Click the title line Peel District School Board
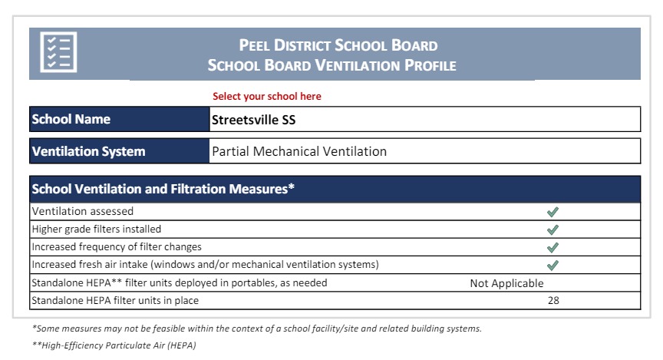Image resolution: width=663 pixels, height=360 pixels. pyautogui.click(x=338, y=45)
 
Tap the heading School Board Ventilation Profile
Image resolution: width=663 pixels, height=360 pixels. pyautogui.click(x=331, y=65)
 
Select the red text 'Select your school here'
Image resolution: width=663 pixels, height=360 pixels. pyautogui.click(x=267, y=97)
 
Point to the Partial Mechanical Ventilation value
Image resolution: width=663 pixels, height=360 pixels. pyautogui.click(x=299, y=151)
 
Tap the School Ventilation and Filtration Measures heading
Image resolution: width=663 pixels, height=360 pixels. pyautogui.click(x=163, y=189)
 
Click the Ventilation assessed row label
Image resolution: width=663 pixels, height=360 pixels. pyautogui.click(x=83, y=211)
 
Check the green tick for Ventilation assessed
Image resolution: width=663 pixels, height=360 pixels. pyautogui.click(x=552, y=212)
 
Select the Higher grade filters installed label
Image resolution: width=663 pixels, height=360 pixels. pyautogui.click(x=97, y=229)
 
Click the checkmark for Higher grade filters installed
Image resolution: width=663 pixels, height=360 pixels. pyautogui.click(x=552, y=230)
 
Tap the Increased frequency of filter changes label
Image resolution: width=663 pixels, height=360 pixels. pyautogui.click(x=117, y=247)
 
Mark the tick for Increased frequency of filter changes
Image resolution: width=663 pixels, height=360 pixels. pyautogui.click(x=552, y=247)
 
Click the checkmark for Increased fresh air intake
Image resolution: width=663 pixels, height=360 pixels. pyautogui.click(x=552, y=266)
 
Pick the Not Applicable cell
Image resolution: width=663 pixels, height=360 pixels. pyautogui.click(x=506, y=283)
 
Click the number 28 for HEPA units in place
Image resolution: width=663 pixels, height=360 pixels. pyautogui.click(x=553, y=300)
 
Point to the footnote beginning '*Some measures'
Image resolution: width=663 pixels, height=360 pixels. pyautogui.click(x=257, y=329)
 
